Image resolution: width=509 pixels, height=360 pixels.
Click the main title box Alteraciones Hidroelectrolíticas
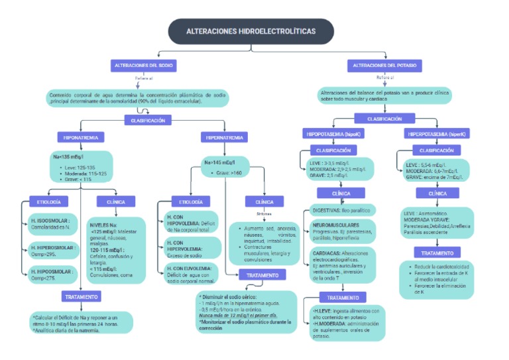pyautogui.click(x=251, y=31)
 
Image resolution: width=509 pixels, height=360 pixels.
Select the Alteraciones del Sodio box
pyautogui.click(x=144, y=66)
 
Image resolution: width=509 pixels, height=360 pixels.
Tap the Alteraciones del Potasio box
pyautogui.click(x=384, y=66)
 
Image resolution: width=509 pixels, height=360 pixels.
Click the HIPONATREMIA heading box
pyautogui.click(x=81, y=137)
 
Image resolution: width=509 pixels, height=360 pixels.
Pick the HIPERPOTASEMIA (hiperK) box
pyautogui.click(x=437, y=134)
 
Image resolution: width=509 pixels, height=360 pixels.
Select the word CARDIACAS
pyautogui.click(x=328, y=253)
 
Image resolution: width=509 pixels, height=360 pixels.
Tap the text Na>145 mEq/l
pyautogui.click(x=218, y=162)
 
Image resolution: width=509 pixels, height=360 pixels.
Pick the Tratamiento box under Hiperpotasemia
pyautogui.click(x=437, y=253)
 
